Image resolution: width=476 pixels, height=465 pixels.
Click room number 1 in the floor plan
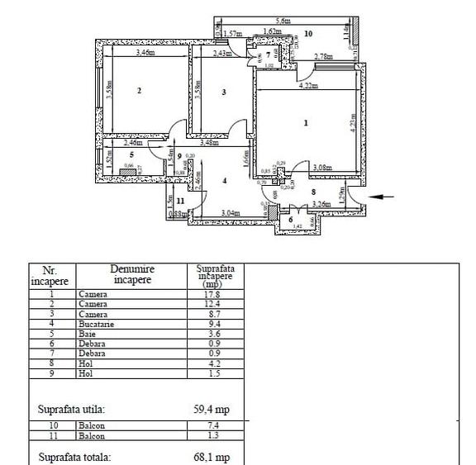coord(306,124)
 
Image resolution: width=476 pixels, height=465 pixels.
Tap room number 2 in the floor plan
coord(139,91)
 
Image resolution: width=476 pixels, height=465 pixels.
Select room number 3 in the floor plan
coord(224,93)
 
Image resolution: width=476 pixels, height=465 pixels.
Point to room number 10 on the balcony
coord(307,34)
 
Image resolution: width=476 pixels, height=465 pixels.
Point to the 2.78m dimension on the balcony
coord(326,56)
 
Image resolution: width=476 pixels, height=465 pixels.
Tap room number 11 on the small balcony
coord(180,201)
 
